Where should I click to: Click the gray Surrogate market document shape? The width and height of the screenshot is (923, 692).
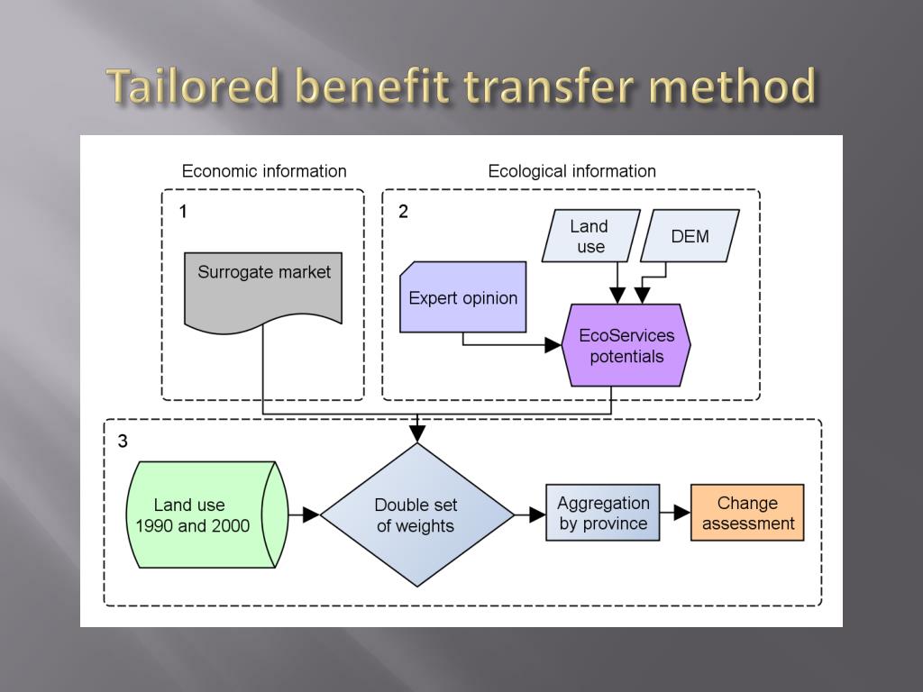263,287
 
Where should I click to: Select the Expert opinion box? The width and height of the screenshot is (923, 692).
463,297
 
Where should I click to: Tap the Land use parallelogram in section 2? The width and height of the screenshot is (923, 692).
590,236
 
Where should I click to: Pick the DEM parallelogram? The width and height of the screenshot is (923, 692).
690,236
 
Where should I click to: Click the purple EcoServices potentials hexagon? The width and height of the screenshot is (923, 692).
626,346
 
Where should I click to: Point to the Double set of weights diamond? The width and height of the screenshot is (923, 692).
416,514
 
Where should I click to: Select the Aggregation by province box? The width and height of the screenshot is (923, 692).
603,513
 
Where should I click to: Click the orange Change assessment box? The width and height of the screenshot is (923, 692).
747,513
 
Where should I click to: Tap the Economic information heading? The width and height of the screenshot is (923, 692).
264,171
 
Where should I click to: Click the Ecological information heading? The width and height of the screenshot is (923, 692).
571,171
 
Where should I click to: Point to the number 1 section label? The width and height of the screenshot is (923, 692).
183,212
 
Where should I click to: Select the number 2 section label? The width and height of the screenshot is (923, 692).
403,212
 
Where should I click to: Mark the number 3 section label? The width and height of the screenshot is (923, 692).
123,442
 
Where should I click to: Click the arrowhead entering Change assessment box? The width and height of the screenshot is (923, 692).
682,513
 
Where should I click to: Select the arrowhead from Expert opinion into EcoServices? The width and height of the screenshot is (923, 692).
553,345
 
